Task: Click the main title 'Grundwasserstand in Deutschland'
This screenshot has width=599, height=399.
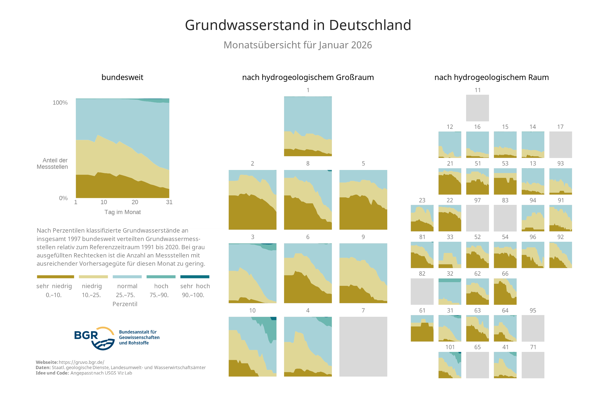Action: point(298,25)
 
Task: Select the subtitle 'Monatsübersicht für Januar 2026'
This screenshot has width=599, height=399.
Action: point(298,45)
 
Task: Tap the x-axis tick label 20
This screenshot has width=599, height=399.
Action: point(135,202)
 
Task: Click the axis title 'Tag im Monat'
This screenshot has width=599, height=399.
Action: point(122,212)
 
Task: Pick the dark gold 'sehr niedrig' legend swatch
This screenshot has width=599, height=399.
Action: point(55,277)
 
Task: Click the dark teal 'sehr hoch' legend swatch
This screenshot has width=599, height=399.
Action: point(195,277)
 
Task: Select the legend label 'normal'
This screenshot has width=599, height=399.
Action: point(127,286)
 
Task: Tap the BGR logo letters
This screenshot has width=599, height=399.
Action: point(86,335)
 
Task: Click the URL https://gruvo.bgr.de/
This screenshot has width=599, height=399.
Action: point(82,362)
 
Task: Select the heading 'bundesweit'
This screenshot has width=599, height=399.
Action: point(122,77)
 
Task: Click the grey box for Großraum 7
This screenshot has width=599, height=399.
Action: point(363,346)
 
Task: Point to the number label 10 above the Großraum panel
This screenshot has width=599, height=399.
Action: point(252,311)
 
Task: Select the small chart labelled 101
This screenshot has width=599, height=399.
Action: point(450,365)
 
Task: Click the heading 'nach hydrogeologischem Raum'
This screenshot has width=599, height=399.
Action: point(491,77)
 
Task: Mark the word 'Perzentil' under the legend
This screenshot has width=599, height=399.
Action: point(125,304)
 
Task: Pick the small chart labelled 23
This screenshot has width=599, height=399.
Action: point(422,218)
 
